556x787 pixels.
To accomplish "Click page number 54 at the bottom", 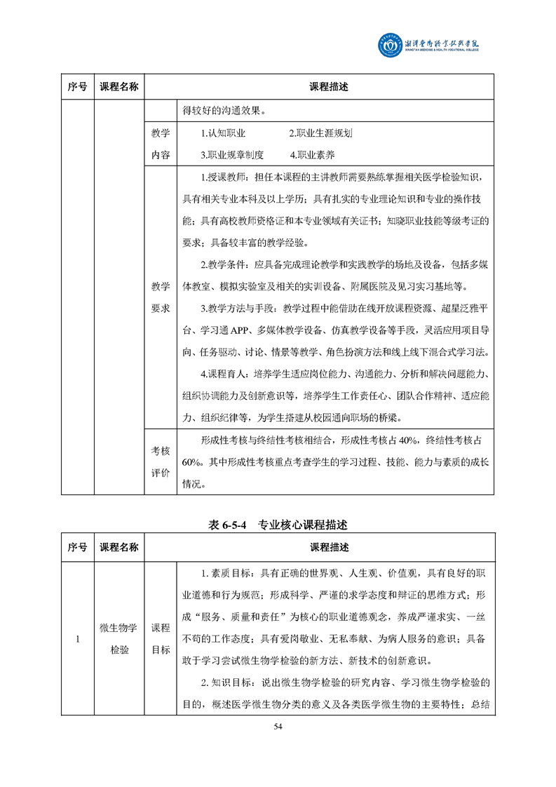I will [x=278, y=726].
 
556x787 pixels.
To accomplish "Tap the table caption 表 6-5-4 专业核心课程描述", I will [x=278, y=524].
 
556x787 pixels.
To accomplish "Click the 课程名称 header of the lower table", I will [x=119, y=547].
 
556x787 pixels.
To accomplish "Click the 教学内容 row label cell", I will [x=161, y=144].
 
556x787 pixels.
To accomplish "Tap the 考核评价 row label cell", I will [x=161, y=462].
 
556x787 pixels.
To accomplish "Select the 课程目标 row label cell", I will [x=161, y=639].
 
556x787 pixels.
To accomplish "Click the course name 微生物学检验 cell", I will [x=119, y=639].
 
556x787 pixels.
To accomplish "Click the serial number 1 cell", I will [x=78, y=639].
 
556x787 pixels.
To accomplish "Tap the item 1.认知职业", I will [x=222, y=133].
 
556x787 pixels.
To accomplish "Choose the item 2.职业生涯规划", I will [x=321, y=133].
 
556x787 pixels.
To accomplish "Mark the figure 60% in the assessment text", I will [x=190, y=462].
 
